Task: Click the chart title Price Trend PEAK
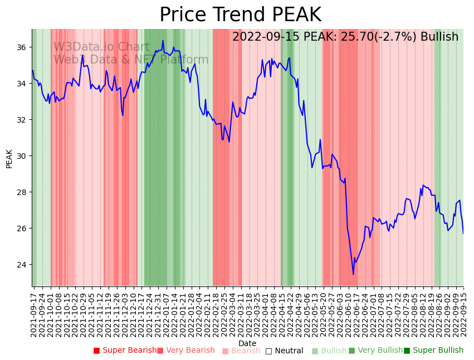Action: coord(240,15)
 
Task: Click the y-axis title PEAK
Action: coord(9,158)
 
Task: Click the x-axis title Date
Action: coord(247,343)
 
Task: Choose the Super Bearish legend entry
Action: coord(125,351)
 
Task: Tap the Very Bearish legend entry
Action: coord(185,351)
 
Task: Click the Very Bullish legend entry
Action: coord(375,351)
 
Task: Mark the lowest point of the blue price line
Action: coord(353,274)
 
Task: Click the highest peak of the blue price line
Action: coord(163,40)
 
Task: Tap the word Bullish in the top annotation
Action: coord(439,37)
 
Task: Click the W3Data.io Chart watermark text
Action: coord(101,47)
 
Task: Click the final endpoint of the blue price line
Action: coord(463,233)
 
